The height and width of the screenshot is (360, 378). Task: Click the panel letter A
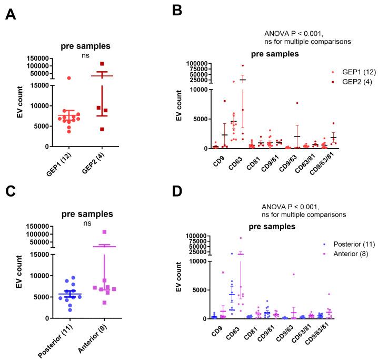pos(10,14)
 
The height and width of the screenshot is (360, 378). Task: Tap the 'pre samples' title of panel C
pos(87,215)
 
